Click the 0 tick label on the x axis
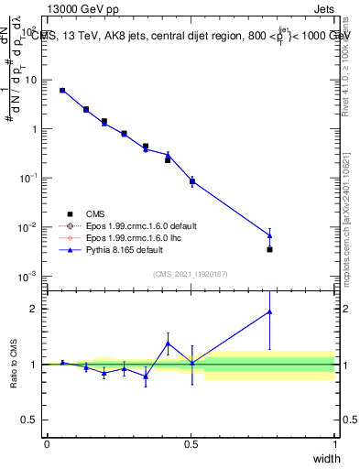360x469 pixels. click(47, 444)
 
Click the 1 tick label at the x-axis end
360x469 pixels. click(334, 444)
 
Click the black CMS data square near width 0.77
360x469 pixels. click(269, 249)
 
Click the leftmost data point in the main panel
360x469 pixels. click(62, 91)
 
